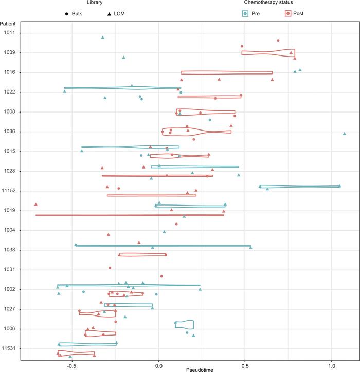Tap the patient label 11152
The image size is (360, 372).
click(9, 191)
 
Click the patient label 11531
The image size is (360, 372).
click(9, 348)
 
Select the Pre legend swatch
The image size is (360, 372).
click(246, 13)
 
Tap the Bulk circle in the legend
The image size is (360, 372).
click(67, 14)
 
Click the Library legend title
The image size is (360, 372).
click(88, 3)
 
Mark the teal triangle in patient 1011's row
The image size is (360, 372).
click(103, 37)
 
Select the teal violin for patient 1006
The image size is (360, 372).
click(184, 324)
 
